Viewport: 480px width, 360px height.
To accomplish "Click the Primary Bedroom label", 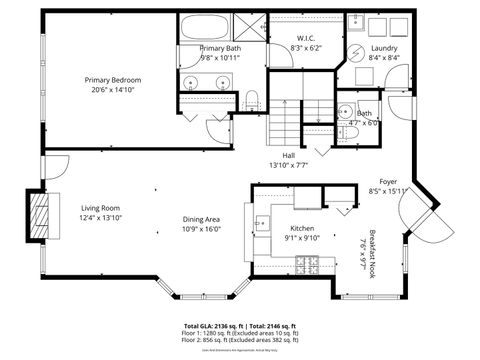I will pyautogui.click(x=113, y=80).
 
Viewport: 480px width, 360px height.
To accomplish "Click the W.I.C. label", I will pyautogui.click(x=307, y=39).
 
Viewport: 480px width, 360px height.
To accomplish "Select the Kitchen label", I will pyautogui.click(x=303, y=228).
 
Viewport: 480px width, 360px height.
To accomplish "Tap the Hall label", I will pyautogui.click(x=289, y=155).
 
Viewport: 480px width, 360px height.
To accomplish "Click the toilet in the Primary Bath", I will pyautogui.click(x=252, y=97).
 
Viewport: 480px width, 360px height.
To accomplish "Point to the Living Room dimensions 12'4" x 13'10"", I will pyautogui.click(x=100, y=218).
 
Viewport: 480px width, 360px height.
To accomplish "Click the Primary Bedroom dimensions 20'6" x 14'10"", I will pyautogui.click(x=113, y=90).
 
